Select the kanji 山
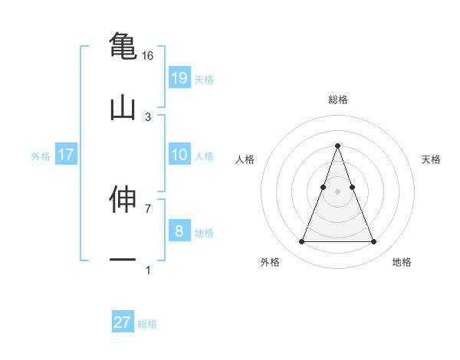pos(123,107)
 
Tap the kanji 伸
pos(123,199)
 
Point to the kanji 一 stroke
pos(123,260)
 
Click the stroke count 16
pos(148,56)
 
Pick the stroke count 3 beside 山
pos(148,116)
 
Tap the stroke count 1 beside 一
pos(148,270)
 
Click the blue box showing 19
pos(179,77)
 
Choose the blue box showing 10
pos(179,155)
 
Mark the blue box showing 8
pos(179,231)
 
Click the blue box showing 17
pos(66,155)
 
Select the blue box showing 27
pos(123,322)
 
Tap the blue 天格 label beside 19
pos(204,79)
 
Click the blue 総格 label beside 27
pos(147,324)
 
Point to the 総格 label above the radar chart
pos(337,100)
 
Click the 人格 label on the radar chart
pos(245,159)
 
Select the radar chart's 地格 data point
pos(373,242)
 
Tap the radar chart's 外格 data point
pos(301,242)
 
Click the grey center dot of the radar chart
pos(337,191)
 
